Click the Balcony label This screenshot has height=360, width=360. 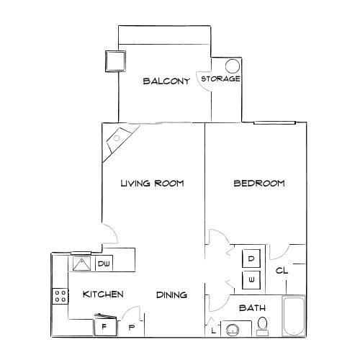[x=166, y=81]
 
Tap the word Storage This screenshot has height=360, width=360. [x=220, y=78]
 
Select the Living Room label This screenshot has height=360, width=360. [x=152, y=184]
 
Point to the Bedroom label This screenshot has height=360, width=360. [x=259, y=184]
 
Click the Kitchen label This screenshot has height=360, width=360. [x=103, y=294]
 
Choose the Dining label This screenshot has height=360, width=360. [x=172, y=295]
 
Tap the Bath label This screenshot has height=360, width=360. [x=252, y=308]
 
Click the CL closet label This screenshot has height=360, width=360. [x=282, y=271]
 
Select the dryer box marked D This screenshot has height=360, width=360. [x=251, y=258]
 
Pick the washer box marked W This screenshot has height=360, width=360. [x=251, y=279]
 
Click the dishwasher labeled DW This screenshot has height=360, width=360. [x=103, y=264]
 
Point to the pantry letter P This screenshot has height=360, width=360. [x=132, y=328]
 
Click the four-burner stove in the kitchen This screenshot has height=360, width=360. [x=59, y=294]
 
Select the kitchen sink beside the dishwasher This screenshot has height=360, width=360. [x=81, y=264]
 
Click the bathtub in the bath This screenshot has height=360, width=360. [x=294, y=317]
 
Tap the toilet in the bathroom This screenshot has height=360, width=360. [x=263, y=327]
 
